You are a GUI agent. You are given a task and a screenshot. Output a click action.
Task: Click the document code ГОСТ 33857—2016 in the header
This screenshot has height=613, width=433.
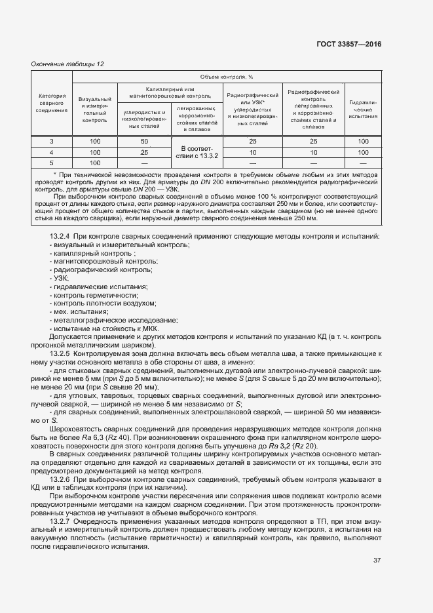349,44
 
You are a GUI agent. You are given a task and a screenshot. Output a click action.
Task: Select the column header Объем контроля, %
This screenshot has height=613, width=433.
226,77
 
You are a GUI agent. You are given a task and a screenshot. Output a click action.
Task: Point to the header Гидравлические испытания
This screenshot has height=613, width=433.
363,109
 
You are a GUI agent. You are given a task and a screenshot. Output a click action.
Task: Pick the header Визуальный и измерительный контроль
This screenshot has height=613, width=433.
95,109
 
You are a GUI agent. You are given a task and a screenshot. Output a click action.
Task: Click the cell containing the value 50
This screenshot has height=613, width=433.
144,142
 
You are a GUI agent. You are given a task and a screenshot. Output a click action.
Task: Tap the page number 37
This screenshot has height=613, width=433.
377,561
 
